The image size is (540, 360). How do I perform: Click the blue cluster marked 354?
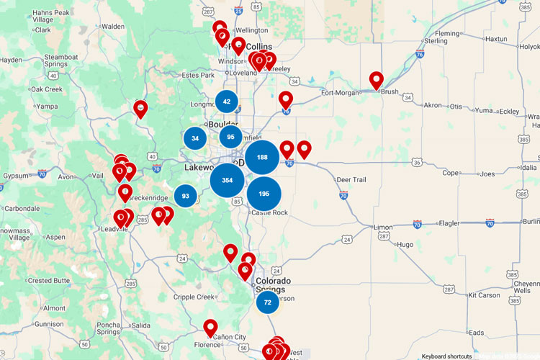[228, 180]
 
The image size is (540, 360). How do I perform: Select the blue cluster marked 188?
[262, 158]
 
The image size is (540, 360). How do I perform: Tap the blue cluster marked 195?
[264, 194]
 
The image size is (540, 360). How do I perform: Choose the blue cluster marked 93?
[186, 196]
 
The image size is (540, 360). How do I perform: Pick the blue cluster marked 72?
[267, 302]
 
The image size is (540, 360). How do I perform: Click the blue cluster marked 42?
[227, 102]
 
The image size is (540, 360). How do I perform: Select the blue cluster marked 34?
[195, 138]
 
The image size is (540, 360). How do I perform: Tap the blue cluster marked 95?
[230, 137]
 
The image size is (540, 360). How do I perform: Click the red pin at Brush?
[376, 81]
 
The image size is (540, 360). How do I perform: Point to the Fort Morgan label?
[339, 92]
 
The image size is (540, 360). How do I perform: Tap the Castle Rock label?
[269, 213]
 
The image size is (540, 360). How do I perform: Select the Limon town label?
[384, 227]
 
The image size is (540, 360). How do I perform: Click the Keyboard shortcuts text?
[446, 356]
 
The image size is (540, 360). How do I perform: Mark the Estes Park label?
[198, 75]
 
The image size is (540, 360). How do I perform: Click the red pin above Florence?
[210, 328]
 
